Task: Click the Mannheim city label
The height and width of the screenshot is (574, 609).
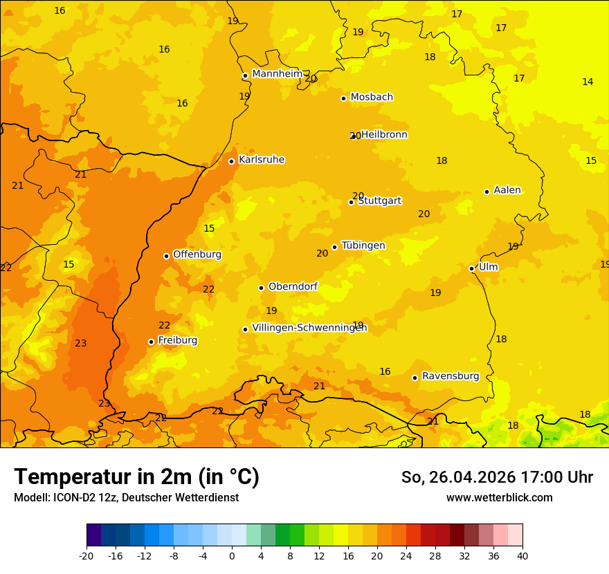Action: [x=277, y=74]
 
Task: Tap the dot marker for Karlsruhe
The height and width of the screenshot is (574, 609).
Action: [x=231, y=161]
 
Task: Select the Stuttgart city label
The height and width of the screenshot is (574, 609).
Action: [x=380, y=201]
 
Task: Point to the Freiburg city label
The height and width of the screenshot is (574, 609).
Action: [x=177, y=340]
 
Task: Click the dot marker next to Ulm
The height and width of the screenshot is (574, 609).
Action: [x=471, y=268]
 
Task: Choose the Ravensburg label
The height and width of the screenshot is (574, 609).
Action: [x=451, y=376]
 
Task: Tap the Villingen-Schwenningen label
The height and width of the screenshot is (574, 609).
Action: [x=309, y=328]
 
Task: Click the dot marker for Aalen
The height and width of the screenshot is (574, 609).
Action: [x=487, y=192]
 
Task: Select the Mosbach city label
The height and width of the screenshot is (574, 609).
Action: [x=372, y=98]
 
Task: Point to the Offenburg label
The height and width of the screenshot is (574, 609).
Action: [x=197, y=254]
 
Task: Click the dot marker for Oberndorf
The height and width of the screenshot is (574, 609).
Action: [x=261, y=288]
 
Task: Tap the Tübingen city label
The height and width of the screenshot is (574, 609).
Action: [x=363, y=246]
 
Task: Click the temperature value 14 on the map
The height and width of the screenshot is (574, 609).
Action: [x=588, y=82]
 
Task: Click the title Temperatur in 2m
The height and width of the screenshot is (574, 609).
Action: [x=136, y=476]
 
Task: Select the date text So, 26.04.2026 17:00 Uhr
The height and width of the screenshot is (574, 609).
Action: [x=497, y=477]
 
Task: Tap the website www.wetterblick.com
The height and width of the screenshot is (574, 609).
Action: [x=499, y=498]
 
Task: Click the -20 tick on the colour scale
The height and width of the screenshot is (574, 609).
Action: [x=87, y=555]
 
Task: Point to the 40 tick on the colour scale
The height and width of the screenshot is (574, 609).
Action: [x=522, y=555]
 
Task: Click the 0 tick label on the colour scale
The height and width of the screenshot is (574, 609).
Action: [x=232, y=555]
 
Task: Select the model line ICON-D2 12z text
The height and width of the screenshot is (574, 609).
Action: [x=126, y=498]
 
